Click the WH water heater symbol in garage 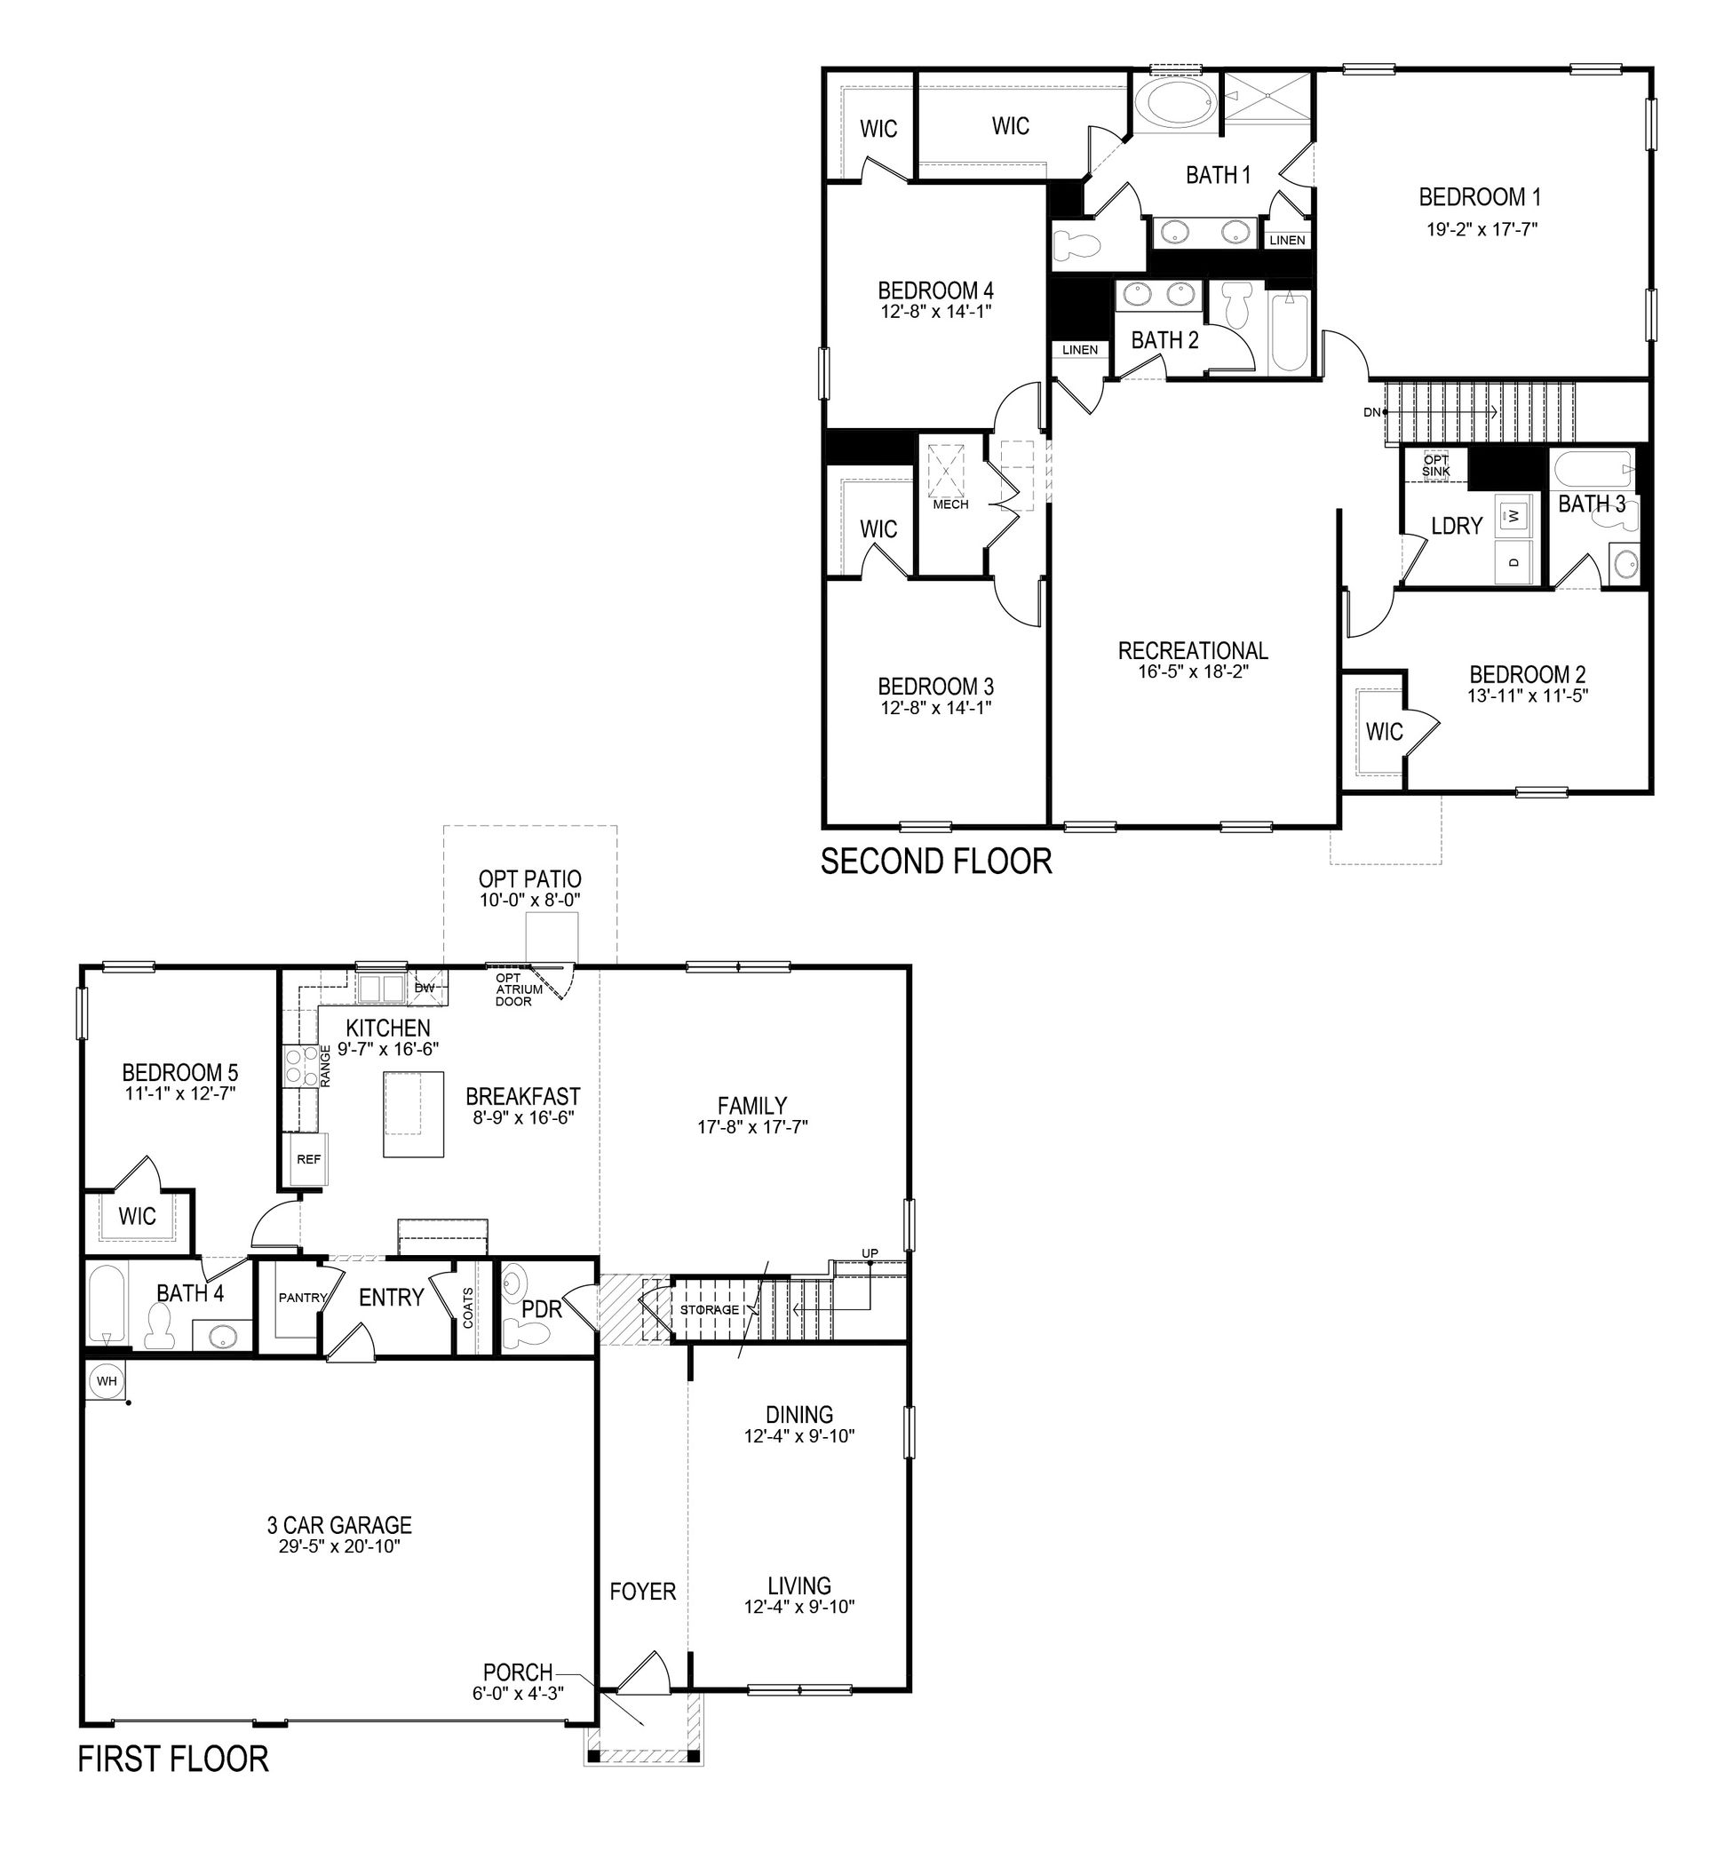107,1381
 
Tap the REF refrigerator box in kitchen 308,1159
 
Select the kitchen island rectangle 414,1114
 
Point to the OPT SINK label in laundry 1435,465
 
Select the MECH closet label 950,504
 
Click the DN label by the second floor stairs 1371,412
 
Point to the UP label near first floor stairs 870,1254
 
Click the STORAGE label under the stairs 710,1309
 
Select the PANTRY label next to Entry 303,1298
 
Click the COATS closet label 468,1307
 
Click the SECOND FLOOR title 936,862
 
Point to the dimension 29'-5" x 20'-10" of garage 339,1545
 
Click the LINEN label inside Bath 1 1286,240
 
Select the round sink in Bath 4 222,1337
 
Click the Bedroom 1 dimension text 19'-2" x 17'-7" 1482,228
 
